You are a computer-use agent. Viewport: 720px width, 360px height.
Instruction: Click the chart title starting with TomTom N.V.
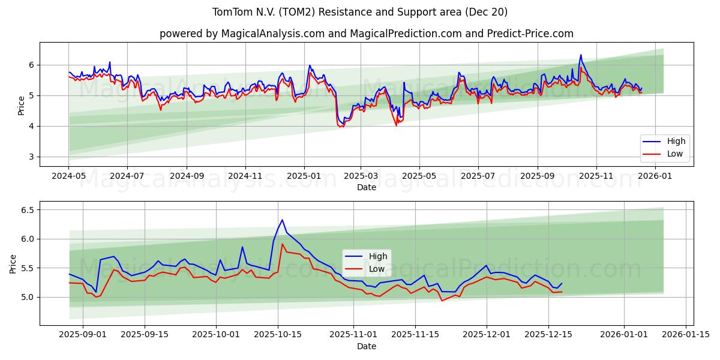tap(360, 12)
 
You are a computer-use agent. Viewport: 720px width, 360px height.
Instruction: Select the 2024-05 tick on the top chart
tap(69, 176)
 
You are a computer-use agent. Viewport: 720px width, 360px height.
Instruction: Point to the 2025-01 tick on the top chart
tap(304, 176)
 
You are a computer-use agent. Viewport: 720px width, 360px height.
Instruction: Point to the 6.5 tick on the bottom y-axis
tap(26, 210)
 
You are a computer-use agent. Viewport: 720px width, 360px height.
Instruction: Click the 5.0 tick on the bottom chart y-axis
tap(26, 297)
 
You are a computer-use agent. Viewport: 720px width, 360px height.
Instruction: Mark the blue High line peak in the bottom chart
tap(282, 220)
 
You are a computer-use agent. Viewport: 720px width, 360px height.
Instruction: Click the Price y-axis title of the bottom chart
tap(13, 263)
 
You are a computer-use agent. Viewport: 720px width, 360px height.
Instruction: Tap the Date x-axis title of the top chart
tap(366, 187)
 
